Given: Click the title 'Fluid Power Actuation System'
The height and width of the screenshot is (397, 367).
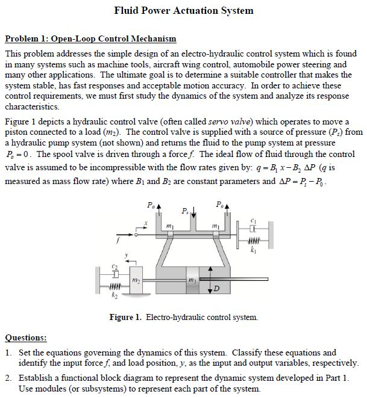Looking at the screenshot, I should [184, 10].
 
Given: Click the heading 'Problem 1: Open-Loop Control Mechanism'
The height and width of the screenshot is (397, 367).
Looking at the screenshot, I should [90, 39].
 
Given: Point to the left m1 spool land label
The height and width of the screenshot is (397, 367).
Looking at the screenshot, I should [169, 225].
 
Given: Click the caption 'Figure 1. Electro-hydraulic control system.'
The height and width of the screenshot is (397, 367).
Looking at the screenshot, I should [184, 316].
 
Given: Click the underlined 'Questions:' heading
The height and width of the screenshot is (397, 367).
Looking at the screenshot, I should [26, 338].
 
